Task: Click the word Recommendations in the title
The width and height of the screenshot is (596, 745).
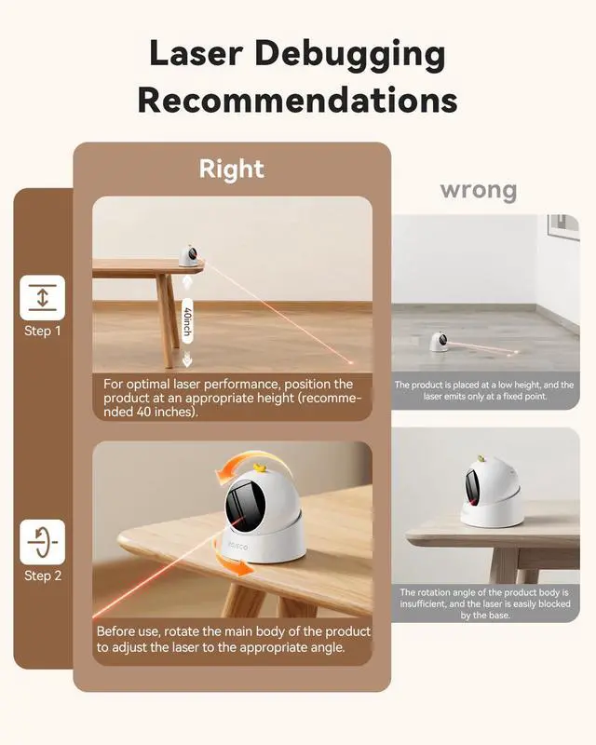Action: [x=297, y=101]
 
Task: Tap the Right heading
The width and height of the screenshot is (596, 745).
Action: [x=232, y=169]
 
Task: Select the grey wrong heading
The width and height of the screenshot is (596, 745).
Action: [x=479, y=190]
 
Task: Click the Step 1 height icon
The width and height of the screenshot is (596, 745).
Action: [x=42, y=297]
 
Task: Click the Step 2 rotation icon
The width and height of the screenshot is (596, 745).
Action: [x=42, y=542]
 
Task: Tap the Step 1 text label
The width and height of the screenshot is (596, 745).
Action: [x=43, y=332]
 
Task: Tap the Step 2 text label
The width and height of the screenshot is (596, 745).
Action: [x=43, y=576]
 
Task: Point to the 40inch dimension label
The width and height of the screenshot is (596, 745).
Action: [x=187, y=321]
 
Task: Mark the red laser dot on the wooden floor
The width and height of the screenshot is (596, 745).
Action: [x=351, y=362]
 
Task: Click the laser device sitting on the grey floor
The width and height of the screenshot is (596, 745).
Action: [x=440, y=341]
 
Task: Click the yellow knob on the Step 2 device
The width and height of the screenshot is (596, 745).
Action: [x=260, y=468]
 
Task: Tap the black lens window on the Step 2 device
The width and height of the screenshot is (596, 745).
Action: [x=245, y=505]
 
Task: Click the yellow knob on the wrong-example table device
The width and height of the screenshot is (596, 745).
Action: [x=481, y=459]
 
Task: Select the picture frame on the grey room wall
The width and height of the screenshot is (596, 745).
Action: [x=563, y=224]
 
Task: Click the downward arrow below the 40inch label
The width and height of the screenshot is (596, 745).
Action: [x=187, y=359]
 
